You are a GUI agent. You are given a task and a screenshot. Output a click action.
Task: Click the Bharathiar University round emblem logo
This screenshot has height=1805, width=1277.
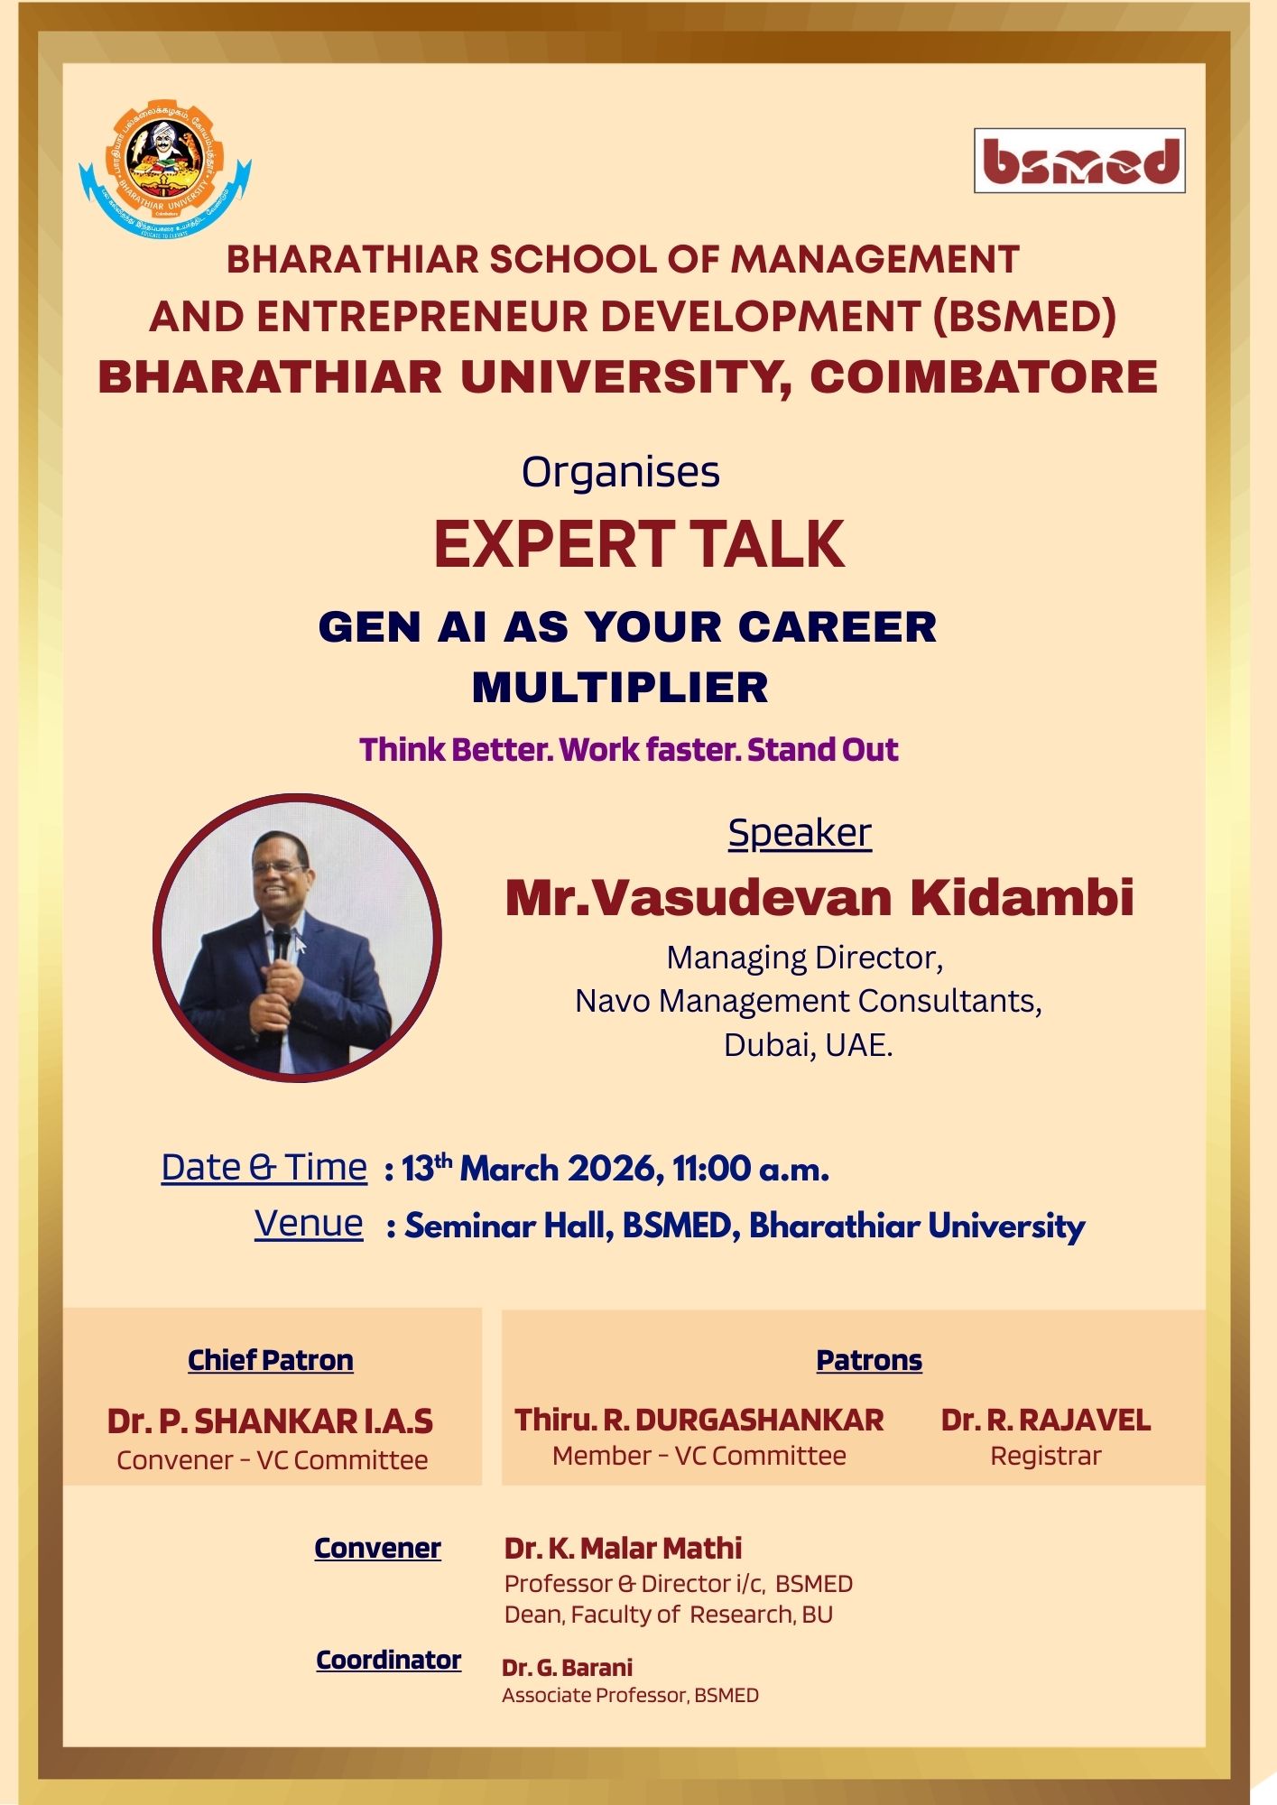pyautogui.click(x=165, y=169)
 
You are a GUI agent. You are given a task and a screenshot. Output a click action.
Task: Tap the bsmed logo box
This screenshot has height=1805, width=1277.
pyautogui.click(x=1079, y=161)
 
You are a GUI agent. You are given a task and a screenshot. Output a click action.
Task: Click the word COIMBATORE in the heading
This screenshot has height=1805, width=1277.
pyautogui.click(x=984, y=376)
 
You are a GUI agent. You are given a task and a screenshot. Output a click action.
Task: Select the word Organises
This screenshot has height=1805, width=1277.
pyautogui.click(x=621, y=472)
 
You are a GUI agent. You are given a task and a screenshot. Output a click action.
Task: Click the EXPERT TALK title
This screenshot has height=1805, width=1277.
pyautogui.click(x=639, y=544)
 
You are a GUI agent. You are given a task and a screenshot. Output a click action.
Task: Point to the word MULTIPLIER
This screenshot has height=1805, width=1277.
pyautogui.click(x=620, y=688)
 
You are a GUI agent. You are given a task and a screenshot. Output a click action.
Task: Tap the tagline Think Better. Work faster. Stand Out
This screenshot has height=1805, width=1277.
pyautogui.click(x=629, y=750)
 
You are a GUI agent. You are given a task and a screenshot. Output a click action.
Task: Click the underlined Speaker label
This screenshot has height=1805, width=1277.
pyautogui.click(x=800, y=833)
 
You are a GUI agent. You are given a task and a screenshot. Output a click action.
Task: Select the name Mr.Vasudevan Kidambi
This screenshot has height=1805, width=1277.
pyautogui.click(x=819, y=897)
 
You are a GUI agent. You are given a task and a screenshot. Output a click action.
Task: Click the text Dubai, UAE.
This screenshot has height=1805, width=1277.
pyautogui.click(x=809, y=1045)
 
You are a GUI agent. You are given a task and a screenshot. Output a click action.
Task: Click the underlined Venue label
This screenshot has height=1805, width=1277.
pyautogui.click(x=309, y=1224)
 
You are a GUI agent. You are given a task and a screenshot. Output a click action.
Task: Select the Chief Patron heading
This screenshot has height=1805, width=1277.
pyautogui.click(x=271, y=1360)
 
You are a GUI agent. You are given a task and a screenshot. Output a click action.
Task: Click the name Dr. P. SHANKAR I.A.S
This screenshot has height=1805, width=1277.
pyautogui.click(x=270, y=1421)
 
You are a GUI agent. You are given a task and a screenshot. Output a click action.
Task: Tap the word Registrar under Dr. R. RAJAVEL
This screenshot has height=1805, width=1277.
pyautogui.click(x=1046, y=1456)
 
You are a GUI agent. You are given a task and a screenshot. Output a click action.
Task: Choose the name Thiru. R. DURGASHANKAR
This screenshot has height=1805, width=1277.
pyautogui.click(x=699, y=1421)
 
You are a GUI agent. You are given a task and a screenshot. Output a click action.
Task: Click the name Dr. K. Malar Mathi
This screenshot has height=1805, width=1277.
pyautogui.click(x=623, y=1549)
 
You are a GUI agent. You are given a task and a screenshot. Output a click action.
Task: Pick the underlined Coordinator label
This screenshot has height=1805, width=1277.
pyautogui.click(x=388, y=1660)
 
